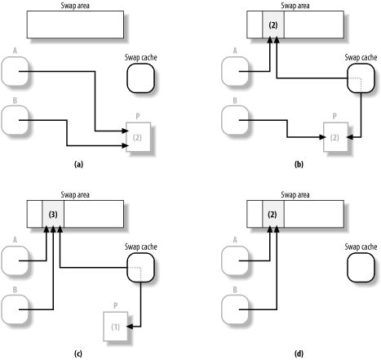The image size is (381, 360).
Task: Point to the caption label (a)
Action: (x=78, y=164)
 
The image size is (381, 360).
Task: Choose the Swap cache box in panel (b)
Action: (x=352, y=79)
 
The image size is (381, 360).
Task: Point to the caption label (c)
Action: (x=78, y=353)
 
